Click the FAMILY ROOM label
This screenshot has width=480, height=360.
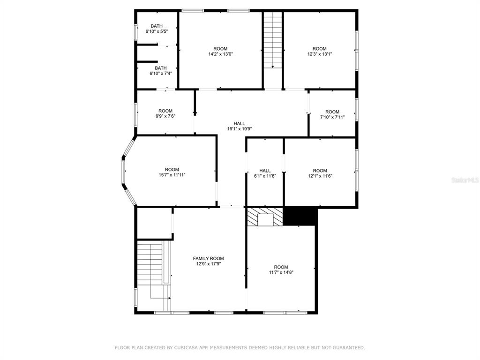[208, 258]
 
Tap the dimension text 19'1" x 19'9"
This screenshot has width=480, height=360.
[240, 129]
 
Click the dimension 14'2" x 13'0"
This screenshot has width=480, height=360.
[220, 54]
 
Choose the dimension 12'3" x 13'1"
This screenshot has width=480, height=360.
[320, 54]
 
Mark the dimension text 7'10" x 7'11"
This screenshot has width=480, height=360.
[332, 117]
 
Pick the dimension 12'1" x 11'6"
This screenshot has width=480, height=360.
[320, 176]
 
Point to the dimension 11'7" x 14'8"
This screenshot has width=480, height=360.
[281, 272]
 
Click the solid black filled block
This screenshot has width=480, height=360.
[300, 216]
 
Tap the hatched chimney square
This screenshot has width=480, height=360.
[265, 217]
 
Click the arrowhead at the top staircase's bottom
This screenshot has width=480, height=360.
[273, 67]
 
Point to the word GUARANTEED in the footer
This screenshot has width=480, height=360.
[348, 348]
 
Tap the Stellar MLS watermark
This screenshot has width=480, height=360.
[465, 180]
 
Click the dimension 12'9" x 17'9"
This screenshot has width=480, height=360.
[209, 264]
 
